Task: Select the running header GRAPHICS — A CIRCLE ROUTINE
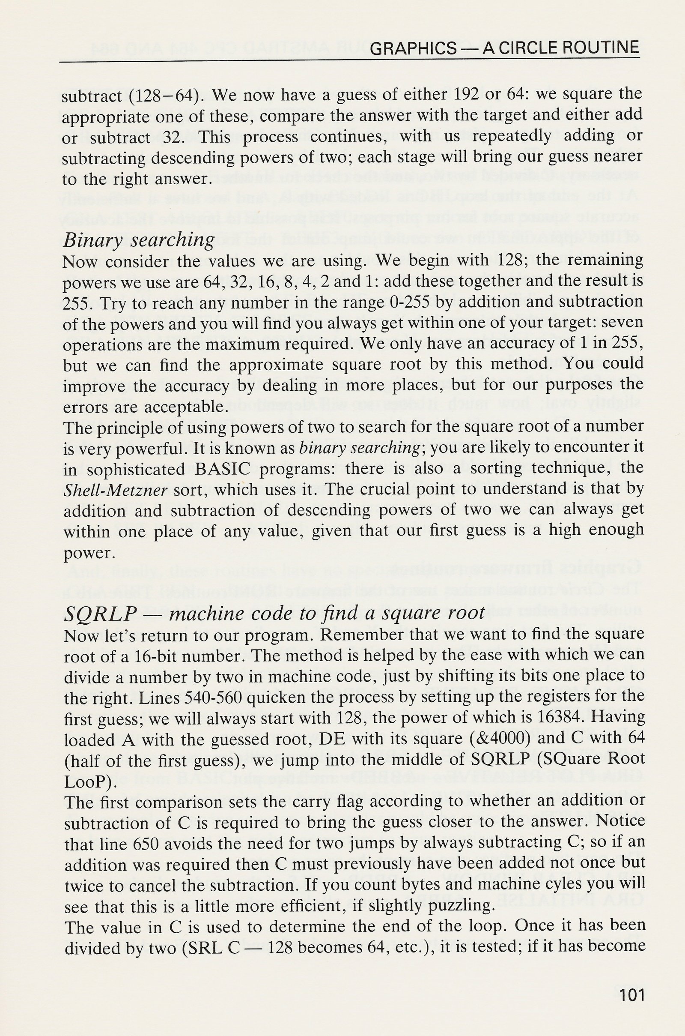pyautogui.click(x=504, y=48)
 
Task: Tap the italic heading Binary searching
pyautogui.click(x=139, y=240)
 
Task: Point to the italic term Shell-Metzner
pyautogui.click(x=115, y=491)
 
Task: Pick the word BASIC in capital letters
pyautogui.click(x=222, y=469)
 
